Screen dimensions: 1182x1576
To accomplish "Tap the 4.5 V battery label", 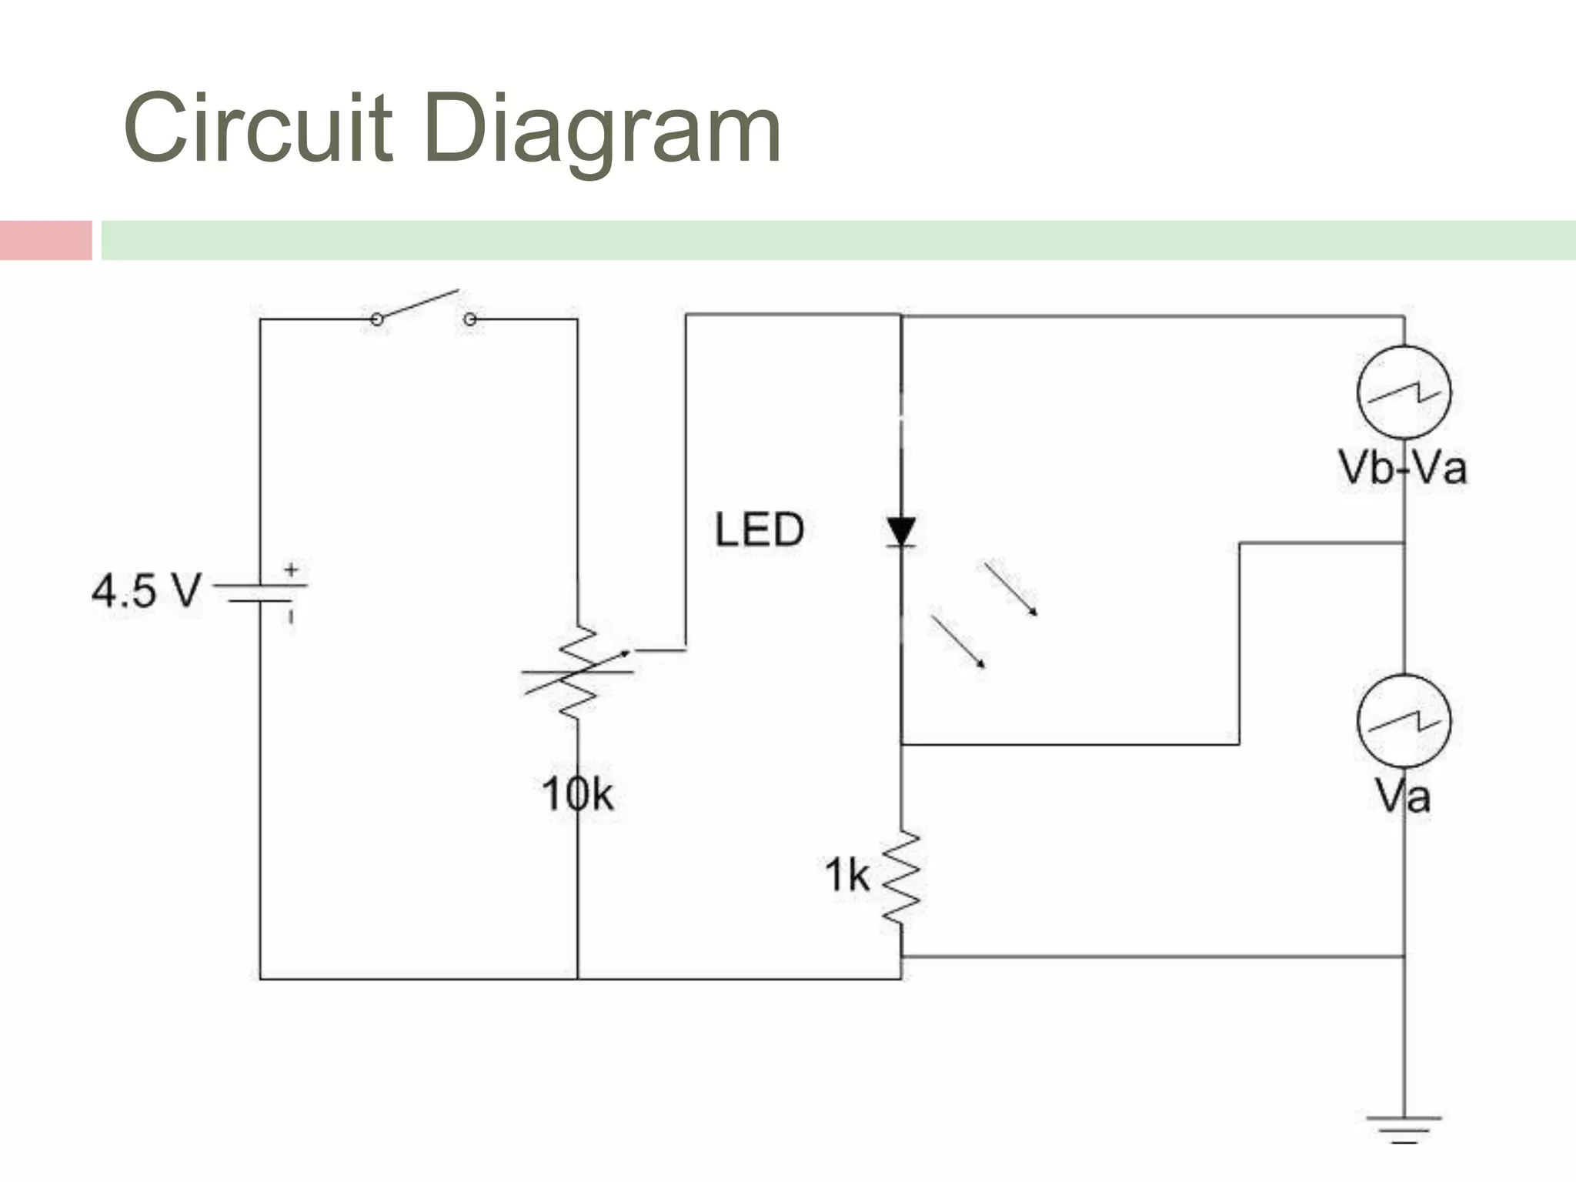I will tap(146, 591).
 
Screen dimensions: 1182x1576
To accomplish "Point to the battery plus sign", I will tap(292, 570).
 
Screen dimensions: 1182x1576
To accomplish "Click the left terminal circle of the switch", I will tap(377, 319).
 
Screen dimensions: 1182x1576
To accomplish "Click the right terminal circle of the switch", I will tap(470, 319).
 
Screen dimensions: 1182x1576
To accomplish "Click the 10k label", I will tap(577, 794).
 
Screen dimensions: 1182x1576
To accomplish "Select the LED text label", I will tap(759, 529).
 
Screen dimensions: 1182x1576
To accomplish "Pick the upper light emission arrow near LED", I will tap(1011, 589).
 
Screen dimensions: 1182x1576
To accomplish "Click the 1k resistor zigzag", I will tap(900, 876).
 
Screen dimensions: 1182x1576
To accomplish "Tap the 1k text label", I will tap(846, 876).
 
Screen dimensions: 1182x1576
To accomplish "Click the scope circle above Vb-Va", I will tap(1404, 392).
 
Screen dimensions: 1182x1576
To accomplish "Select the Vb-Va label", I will tap(1402, 468).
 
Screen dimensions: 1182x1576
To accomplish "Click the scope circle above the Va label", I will tap(1404, 721).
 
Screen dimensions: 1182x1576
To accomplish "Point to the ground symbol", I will tap(1404, 1128).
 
